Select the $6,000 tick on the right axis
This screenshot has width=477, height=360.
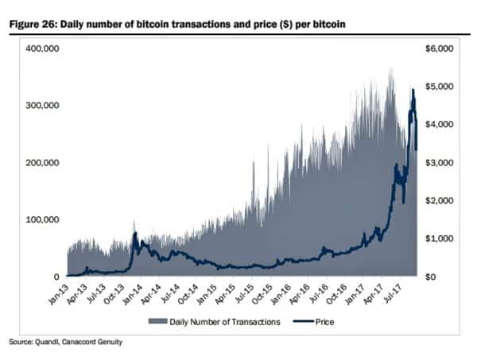(x=440, y=48)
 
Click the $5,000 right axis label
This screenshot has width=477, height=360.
(x=440, y=87)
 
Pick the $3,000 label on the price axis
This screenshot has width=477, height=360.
(x=440, y=163)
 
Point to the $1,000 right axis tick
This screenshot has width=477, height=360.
(x=440, y=238)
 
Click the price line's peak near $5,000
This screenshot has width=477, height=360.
(x=413, y=90)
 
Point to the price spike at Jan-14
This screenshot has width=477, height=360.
(x=135, y=234)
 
